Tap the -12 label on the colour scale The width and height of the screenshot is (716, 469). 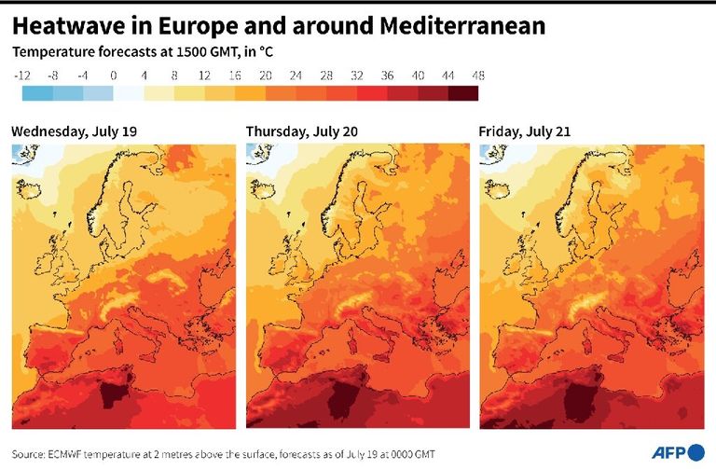pos(23,75)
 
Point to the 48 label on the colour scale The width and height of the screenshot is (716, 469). pos(478,75)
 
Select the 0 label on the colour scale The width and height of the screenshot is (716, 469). pos(113,75)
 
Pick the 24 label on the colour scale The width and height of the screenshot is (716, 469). pos(296,75)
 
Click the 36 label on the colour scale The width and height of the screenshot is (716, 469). pos(387,75)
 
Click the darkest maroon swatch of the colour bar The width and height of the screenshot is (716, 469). pos(463,92)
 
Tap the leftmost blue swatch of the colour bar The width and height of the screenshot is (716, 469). pos(37,92)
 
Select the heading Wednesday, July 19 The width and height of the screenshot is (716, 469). pos(74,131)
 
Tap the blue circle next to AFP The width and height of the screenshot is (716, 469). pos(696,453)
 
